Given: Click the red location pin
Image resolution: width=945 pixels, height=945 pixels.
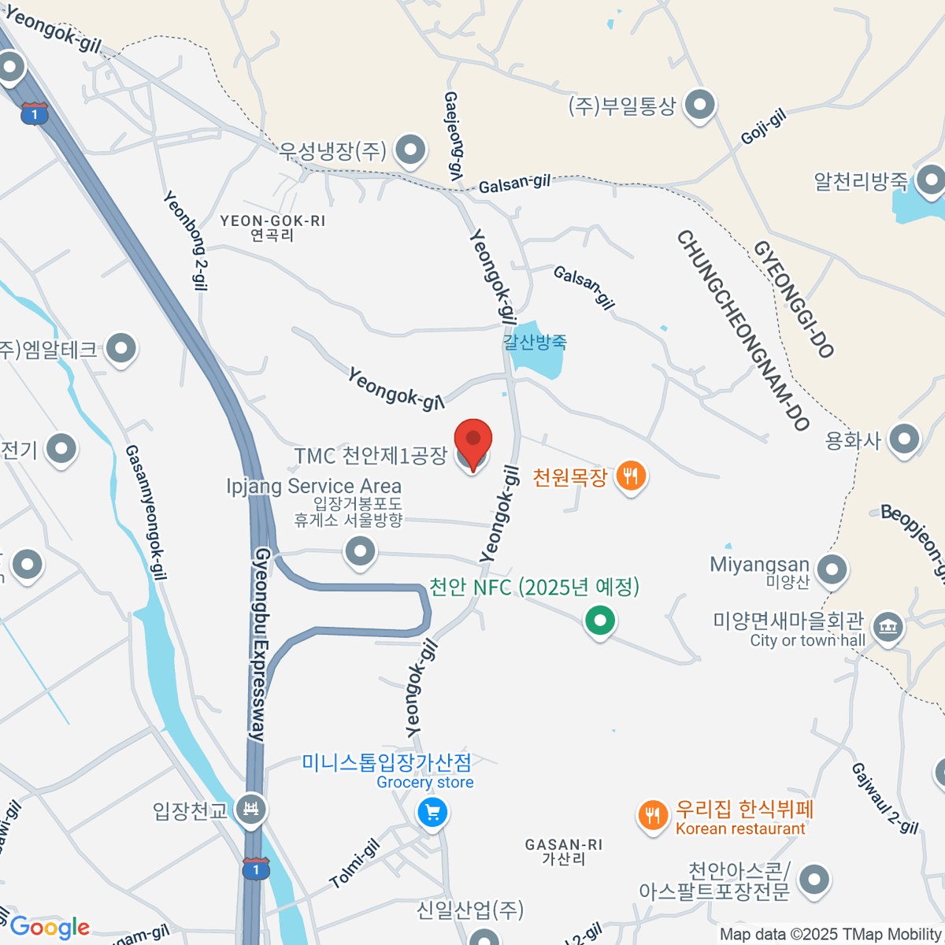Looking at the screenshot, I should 473,441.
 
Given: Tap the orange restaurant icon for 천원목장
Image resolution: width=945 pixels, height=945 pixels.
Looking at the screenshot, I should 630,476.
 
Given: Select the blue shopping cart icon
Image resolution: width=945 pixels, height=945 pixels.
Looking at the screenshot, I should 432,812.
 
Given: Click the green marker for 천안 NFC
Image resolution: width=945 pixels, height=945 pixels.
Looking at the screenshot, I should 600,621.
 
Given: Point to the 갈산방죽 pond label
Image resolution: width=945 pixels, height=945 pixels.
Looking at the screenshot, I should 535,342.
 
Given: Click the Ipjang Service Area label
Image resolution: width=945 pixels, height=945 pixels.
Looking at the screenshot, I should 313,486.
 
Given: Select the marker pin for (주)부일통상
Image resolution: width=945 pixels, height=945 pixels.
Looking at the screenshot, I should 699,105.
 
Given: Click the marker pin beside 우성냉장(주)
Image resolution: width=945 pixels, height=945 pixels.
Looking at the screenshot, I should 409,150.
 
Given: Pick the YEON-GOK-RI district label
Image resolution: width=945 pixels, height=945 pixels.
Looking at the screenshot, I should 272,221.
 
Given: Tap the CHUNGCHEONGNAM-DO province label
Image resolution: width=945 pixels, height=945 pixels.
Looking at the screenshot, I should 743,330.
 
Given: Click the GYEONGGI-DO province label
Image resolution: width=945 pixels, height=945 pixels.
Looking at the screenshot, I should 794,298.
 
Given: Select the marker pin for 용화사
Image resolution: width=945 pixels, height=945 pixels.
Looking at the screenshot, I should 904,439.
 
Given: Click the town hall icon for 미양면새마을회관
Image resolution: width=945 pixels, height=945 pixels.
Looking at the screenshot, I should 888,628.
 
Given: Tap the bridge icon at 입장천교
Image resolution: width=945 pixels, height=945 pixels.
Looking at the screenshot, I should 251,809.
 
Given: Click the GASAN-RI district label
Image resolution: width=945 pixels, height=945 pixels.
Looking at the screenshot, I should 563,844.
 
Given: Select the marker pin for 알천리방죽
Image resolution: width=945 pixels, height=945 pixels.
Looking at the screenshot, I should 932,180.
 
